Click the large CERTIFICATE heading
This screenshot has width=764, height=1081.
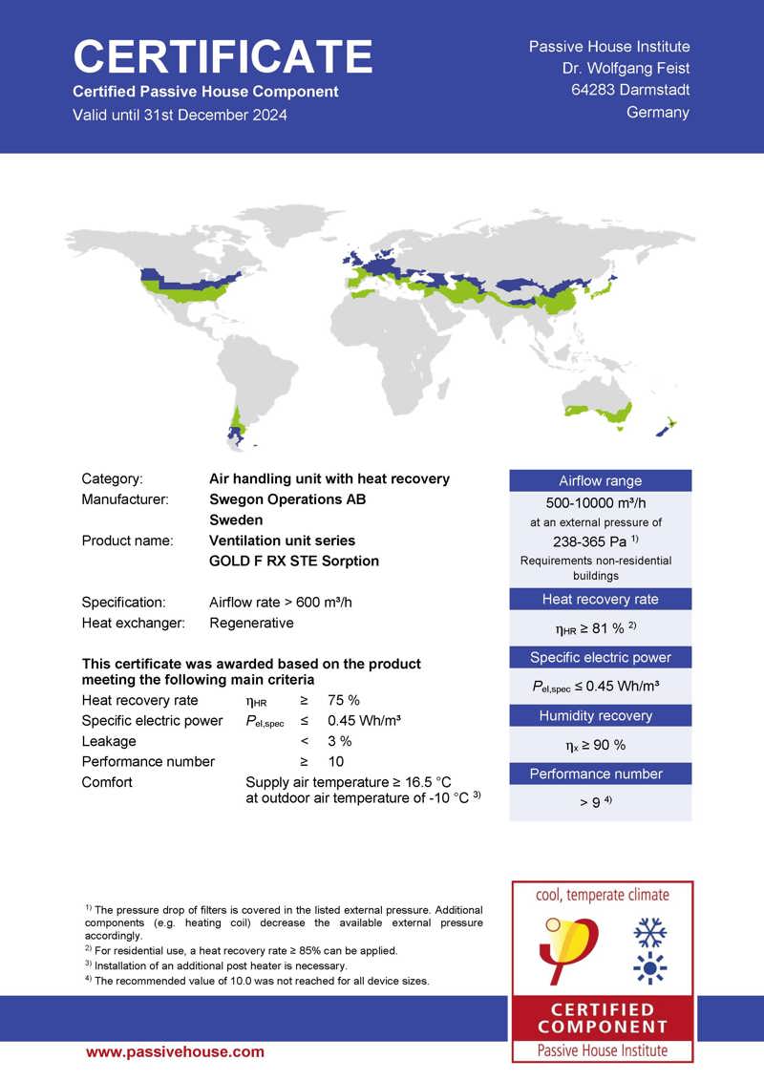(223, 57)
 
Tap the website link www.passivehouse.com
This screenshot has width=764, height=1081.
(175, 1051)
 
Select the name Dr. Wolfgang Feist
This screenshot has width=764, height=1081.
(626, 68)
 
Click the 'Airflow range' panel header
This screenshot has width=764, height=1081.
(600, 480)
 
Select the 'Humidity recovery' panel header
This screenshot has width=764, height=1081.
(600, 715)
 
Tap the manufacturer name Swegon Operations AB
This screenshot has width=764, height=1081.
(287, 498)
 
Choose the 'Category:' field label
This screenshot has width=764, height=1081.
(112, 478)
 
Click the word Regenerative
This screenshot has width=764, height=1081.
(251, 623)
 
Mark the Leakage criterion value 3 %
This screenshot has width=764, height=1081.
(339, 741)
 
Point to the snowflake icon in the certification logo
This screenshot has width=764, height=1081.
(650, 932)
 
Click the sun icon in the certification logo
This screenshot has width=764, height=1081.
(650, 967)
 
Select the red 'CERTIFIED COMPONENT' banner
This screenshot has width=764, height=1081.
(602, 1018)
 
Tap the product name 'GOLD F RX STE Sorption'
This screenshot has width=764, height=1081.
(294, 561)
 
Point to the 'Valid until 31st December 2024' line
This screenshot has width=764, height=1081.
(180, 115)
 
